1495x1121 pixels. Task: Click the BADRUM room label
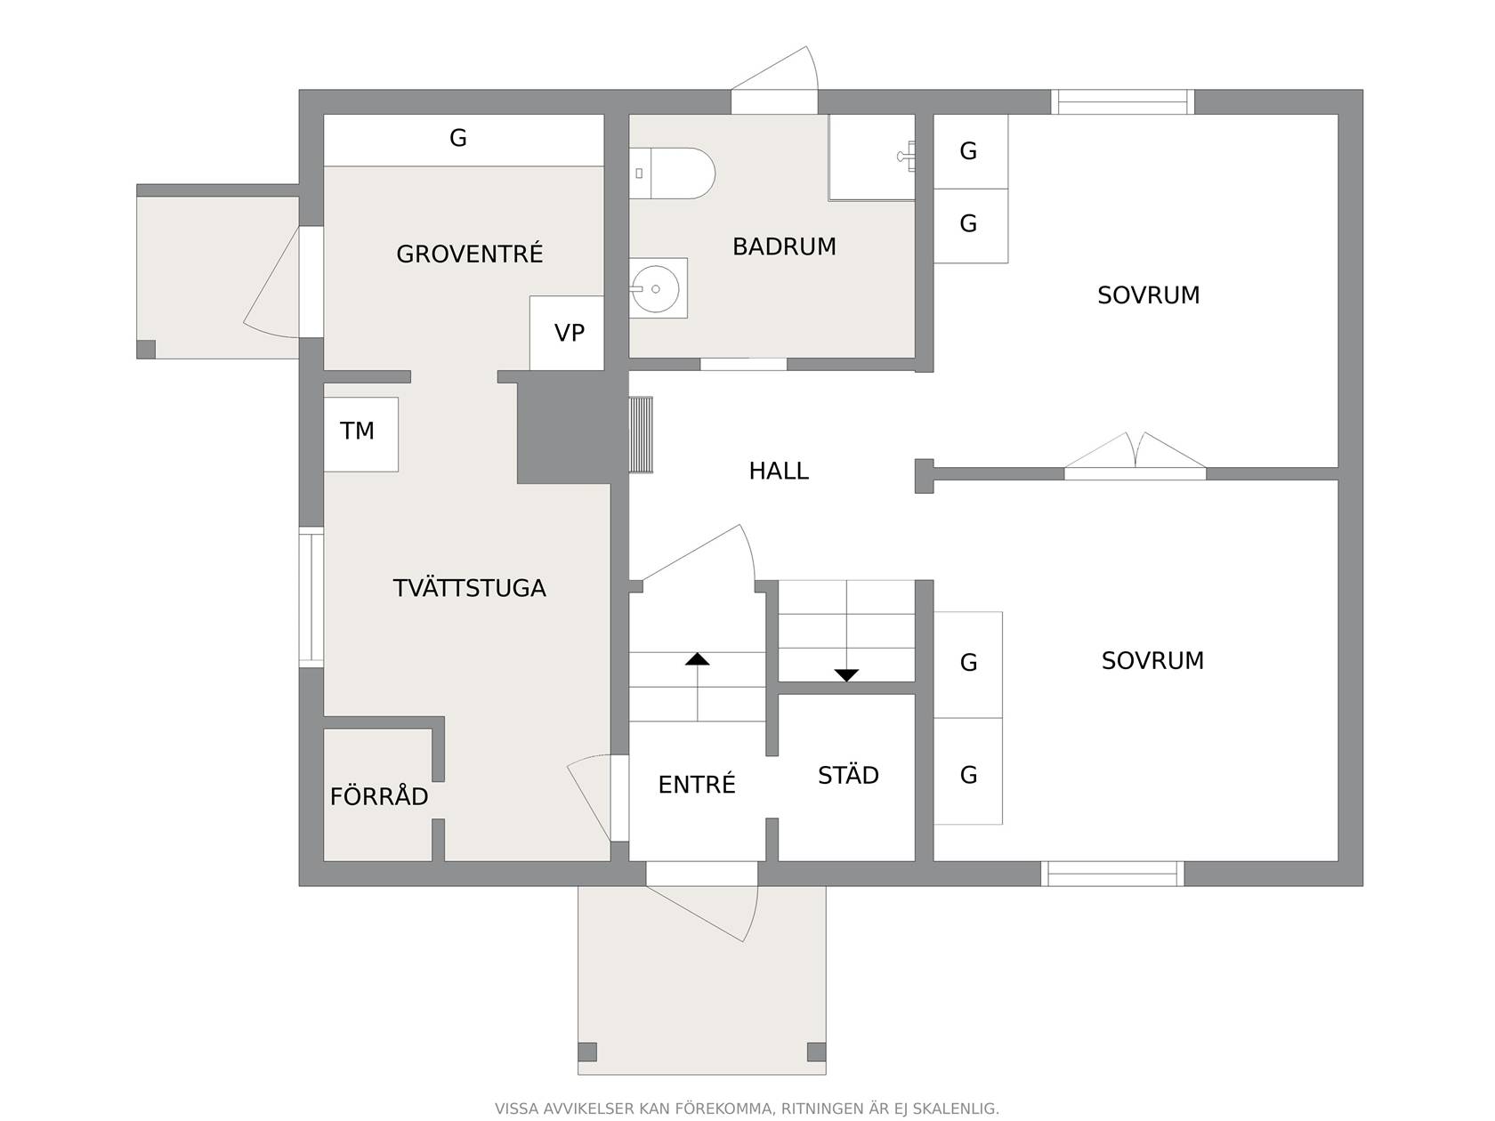(x=784, y=246)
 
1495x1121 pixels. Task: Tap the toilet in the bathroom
(x=672, y=173)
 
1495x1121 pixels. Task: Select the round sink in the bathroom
(x=655, y=288)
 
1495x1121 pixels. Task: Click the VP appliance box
(x=567, y=333)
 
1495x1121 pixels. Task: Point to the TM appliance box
(x=361, y=434)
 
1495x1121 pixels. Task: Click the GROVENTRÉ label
(x=469, y=254)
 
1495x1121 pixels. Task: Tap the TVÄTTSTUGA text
(x=469, y=588)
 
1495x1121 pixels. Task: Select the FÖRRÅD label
(x=379, y=795)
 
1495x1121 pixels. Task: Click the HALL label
(x=779, y=471)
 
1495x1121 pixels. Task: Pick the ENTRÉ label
(x=697, y=784)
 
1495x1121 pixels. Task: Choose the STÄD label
(x=848, y=775)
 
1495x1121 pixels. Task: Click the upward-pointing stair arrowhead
(x=698, y=659)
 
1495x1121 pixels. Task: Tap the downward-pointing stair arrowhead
(x=846, y=675)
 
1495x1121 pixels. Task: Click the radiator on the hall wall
(x=641, y=434)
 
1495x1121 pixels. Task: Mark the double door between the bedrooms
(x=1135, y=456)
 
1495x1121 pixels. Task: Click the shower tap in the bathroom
(x=907, y=157)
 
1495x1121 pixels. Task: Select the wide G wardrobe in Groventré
(x=464, y=140)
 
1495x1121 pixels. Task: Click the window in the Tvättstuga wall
(x=311, y=598)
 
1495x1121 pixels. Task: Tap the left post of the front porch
(x=587, y=1052)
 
